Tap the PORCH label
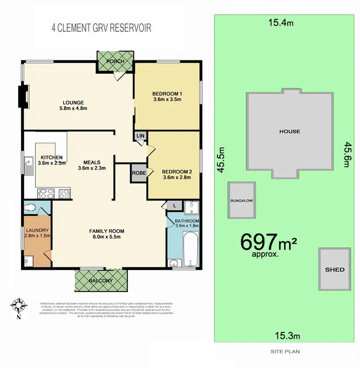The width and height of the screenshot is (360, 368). point(115,61)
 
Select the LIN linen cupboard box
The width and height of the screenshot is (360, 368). point(139,136)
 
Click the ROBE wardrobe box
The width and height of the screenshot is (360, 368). point(139,173)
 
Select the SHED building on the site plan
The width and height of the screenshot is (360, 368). point(334,269)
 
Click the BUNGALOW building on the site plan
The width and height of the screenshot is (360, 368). point(242,200)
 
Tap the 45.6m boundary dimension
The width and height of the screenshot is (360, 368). point(347,155)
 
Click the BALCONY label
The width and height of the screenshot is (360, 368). point(100,281)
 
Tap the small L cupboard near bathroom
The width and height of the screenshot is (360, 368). point(174,205)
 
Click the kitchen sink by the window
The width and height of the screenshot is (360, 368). point(28,166)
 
